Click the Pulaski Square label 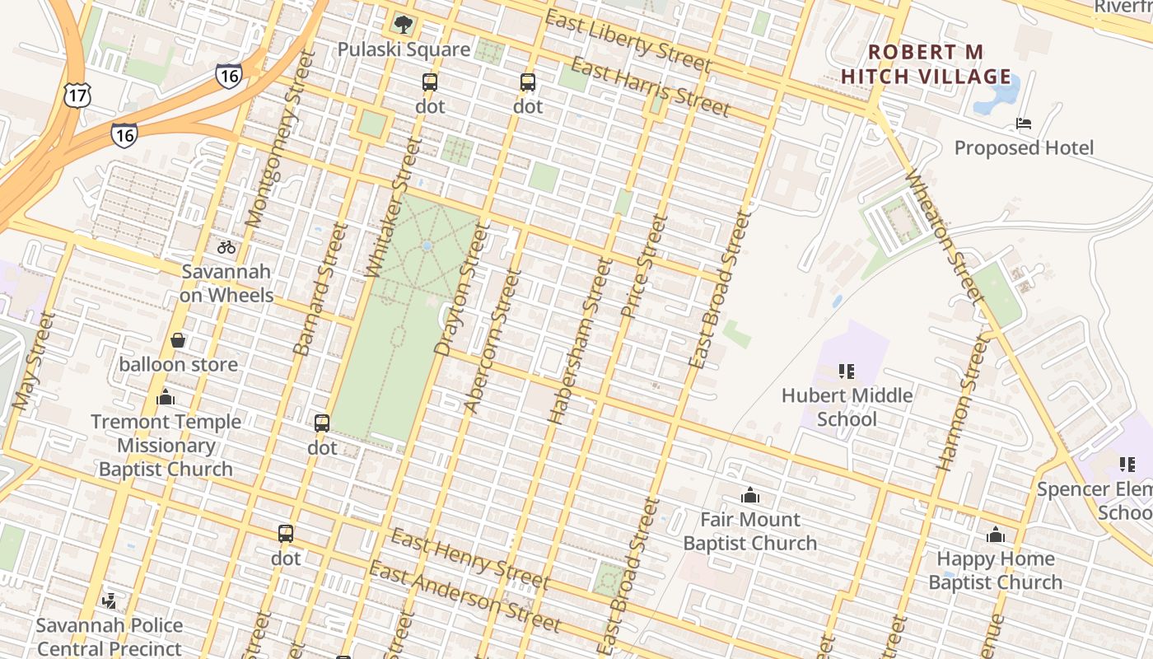click(404, 49)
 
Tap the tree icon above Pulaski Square click(403, 24)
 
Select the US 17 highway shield click(77, 96)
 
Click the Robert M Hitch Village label click(925, 64)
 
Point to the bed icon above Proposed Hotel click(1024, 124)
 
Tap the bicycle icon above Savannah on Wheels click(226, 247)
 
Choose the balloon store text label click(179, 364)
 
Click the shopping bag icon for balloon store click(178, 340)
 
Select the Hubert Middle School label click(847, 407)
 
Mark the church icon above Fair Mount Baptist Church click(749, 495)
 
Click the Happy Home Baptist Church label click(995, 570)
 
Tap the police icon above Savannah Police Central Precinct click(109, 601)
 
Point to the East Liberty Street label click(628, 40)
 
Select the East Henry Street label click(469, 559)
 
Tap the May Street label click(33, 362)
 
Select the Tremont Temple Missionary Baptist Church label click(166, 445)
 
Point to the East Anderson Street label click(464, 596)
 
